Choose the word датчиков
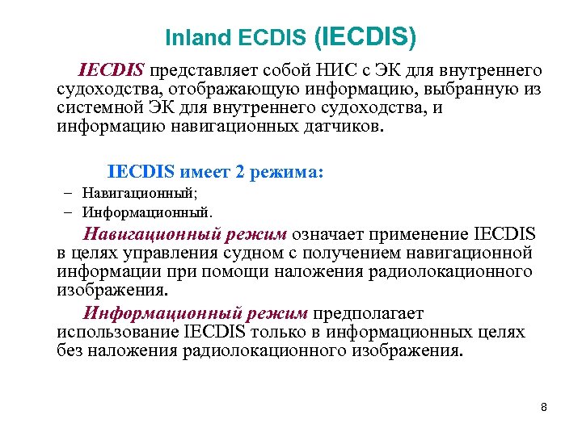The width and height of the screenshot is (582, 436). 328,125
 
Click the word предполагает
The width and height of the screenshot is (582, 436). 368,314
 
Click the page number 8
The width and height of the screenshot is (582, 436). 544,408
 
